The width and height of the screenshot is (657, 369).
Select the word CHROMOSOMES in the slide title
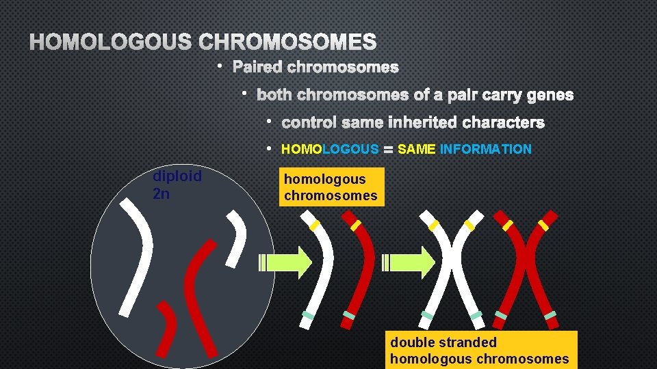coord(287,42)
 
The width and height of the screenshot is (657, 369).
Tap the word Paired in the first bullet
coord(258,67)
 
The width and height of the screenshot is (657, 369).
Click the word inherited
coord(424,123)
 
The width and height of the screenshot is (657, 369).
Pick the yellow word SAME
coord(416,149)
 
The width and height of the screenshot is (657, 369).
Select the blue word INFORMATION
coord(486,149)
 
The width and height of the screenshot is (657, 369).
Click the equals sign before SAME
coord(388,149)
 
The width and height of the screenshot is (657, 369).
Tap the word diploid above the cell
coord(177,176)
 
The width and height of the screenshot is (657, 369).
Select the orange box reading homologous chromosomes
coord(331,187)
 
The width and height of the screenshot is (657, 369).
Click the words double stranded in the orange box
coord(443,342)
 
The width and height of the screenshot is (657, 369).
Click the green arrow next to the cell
coord(284,262)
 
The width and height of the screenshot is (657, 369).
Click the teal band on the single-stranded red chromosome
coord(349,315)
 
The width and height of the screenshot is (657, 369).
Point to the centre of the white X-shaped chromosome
coord(452,266)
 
